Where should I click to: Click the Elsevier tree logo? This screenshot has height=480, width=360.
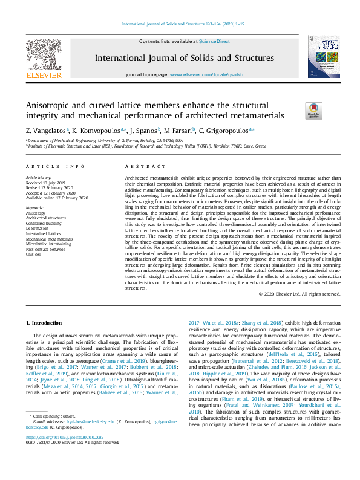pos(44,53)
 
